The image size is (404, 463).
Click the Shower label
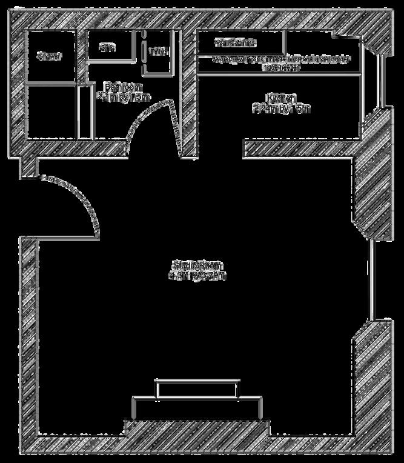coord(49,56)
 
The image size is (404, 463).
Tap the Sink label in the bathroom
coord(107,47)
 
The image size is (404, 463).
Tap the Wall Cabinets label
coord(235,43)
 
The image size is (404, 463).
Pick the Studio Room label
coord(197,265)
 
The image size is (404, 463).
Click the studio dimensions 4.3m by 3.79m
coord(197,276)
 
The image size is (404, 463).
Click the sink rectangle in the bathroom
coord(111,45)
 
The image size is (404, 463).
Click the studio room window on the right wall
coord(372,279)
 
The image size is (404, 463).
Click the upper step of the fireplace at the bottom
coord(197,388)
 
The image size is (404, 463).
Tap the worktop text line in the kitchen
coord(281,60)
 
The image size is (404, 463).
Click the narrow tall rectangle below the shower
coord(85,112)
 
